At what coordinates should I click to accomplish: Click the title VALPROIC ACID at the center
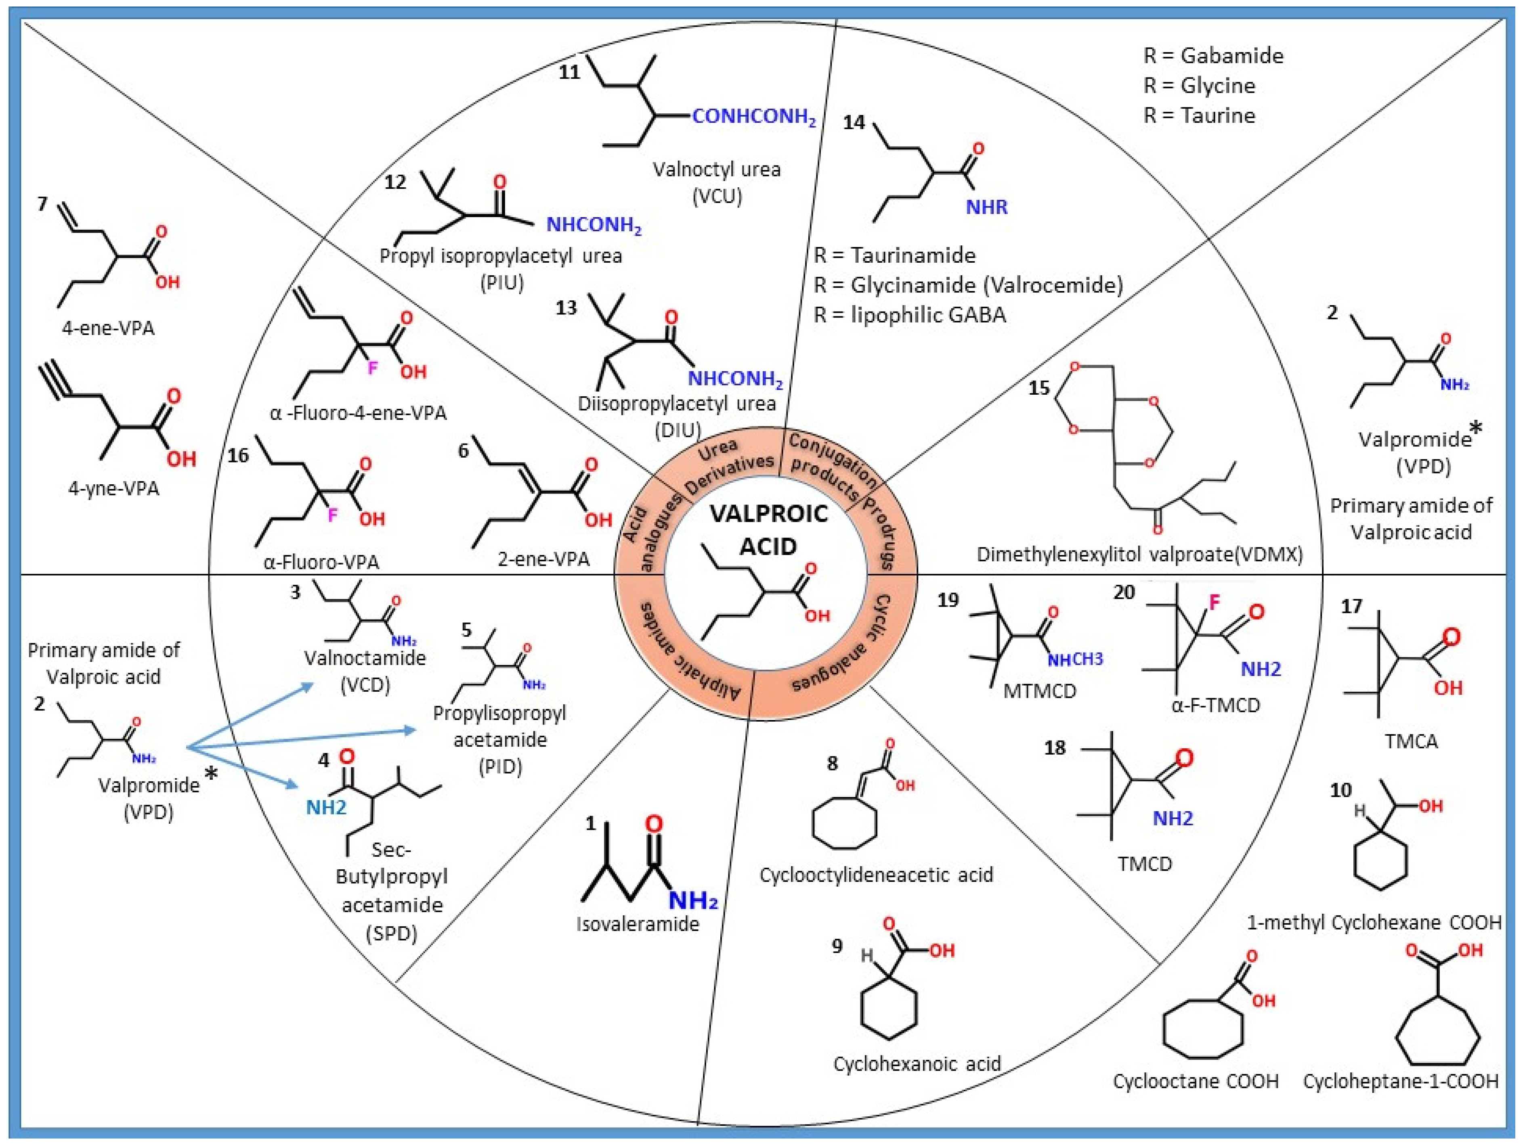pos(768,530)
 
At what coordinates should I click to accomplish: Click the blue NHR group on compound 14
pos(986,207)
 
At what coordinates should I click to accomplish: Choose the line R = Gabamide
pos(1213,55)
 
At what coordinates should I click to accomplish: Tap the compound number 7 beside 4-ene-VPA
pos(43,204)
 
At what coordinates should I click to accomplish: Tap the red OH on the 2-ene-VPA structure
pos(598,520)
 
